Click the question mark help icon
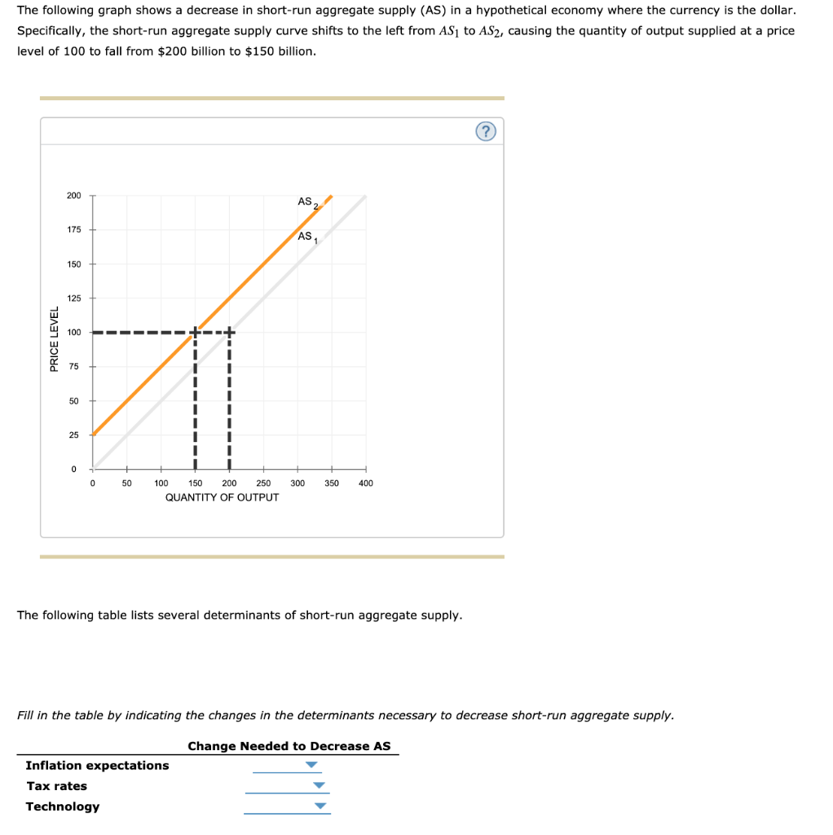point(487,131)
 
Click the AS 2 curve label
point(307,202)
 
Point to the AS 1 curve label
point(307,237)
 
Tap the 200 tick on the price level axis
point(74,196)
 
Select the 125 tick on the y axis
point(74,298)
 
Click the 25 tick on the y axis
point(74,435)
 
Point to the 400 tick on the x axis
point(365,484)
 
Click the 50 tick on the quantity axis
point(126,484)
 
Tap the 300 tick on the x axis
point(297,484)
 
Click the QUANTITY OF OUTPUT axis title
point(222,497)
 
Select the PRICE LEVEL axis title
point(55,339)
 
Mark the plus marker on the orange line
point(195,332)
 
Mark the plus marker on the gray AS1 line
point(229,332)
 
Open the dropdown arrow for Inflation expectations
point(311,765)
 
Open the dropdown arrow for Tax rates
point(320,786)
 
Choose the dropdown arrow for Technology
point(321,806)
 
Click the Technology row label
point(63,806)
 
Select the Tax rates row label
point(56,786)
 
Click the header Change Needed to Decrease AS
point(289,746)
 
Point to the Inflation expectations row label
point(97,765)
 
